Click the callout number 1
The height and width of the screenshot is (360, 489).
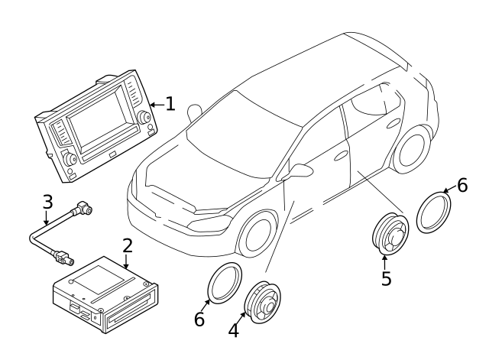(x=170, y=103)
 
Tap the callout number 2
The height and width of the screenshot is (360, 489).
(x=128, y=246)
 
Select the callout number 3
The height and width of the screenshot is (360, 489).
(x=47, y=203)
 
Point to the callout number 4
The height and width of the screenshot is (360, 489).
(x=234, y=331)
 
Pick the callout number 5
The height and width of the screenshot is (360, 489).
(x=387, y=278)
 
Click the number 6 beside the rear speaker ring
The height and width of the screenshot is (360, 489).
(x=461, y=186)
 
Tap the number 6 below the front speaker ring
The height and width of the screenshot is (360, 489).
(x=199, y=319)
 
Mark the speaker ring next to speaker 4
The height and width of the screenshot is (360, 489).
(x=224, y=283)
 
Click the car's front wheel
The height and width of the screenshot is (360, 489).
(x=257, y=234)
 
